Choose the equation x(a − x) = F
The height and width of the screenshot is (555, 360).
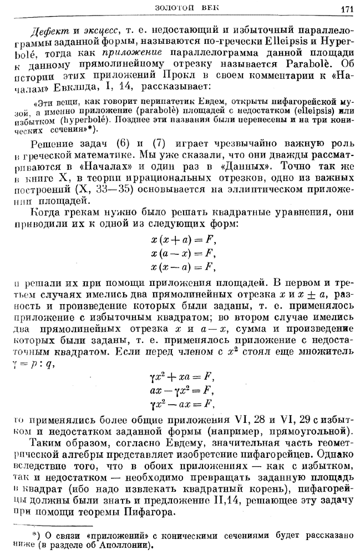tap(182, 254)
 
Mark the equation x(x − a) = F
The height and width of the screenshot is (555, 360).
tap(182, 267)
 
